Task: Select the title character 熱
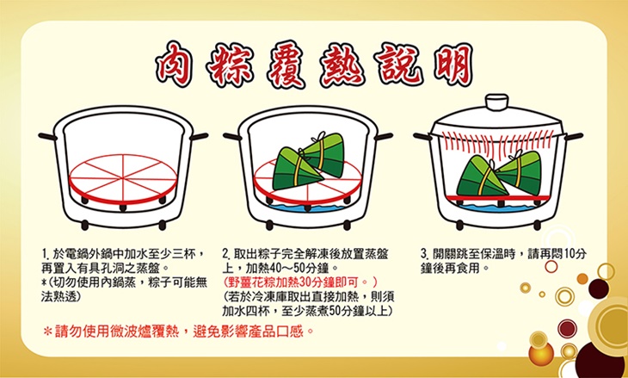341,61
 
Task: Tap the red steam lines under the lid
506,139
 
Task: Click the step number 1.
45,256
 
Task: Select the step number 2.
226,256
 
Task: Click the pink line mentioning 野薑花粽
298,282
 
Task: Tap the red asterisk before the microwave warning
48,331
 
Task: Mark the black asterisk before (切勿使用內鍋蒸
45,282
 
